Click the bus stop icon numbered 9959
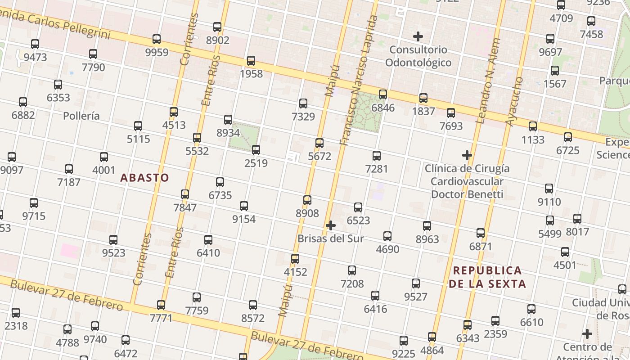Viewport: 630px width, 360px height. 157,39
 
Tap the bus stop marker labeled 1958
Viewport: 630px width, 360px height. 251,61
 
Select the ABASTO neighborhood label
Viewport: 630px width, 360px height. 145,178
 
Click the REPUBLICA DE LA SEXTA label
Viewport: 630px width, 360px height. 487,277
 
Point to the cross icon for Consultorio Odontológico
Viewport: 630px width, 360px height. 418,36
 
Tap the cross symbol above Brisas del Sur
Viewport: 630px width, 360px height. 331,225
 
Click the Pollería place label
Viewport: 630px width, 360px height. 81,116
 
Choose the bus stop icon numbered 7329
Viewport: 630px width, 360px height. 303,103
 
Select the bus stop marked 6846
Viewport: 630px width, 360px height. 383,94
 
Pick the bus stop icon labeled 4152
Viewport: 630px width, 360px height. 295,259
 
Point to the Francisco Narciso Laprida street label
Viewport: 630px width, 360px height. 359,81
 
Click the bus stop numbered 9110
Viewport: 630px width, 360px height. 549,189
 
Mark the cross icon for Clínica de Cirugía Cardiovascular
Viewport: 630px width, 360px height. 467,155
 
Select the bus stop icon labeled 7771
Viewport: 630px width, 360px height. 161,305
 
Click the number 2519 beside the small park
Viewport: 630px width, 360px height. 256,163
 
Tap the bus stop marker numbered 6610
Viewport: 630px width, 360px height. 531,309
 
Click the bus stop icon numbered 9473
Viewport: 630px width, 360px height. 35,44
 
